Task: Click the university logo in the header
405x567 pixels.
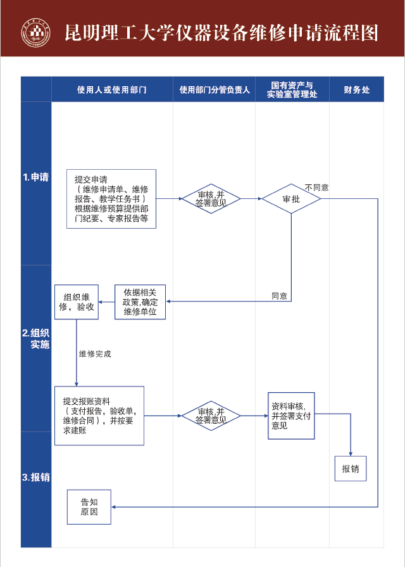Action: [36, 32]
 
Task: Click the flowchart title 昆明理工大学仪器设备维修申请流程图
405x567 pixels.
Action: [221, 32]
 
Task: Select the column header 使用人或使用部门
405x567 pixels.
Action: [112, 90]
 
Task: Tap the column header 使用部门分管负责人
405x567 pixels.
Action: [215, 90]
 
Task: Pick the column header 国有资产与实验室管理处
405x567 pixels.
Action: [292, 89]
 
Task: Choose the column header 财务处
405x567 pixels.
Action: [356, 90]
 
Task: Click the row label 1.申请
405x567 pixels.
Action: [36, 177]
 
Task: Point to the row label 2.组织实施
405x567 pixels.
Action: [36, 338]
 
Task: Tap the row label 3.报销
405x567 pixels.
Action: [36, 477]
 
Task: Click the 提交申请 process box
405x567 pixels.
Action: [111, 199]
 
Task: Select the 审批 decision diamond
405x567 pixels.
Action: [291, 199]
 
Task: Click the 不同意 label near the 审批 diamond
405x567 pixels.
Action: [316, 188]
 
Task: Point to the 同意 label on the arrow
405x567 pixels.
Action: [279, 296]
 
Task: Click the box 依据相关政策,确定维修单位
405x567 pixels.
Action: [140, 302]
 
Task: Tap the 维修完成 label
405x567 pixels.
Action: [95, 354]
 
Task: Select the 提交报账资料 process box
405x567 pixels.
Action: [99, 416]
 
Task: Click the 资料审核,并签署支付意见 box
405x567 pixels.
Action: [291, 416]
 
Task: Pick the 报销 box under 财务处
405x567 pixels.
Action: [350, 469]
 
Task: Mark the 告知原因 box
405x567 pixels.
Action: [89, 507]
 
